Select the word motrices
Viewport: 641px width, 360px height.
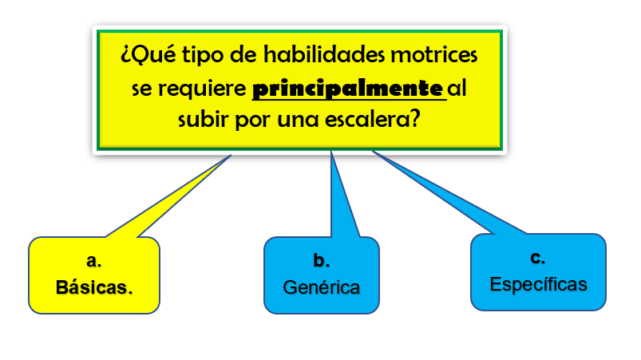(x=433, y=54)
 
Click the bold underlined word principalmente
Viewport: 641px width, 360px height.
(x=348, y=89)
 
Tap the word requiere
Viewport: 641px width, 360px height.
(x=202, y=89)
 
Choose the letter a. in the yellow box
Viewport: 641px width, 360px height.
(x=94, y=260)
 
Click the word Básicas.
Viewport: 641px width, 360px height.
(x=94, y=287)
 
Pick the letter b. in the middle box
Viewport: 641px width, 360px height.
(x=322, y=260)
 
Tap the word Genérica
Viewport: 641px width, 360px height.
(x=322, y=287)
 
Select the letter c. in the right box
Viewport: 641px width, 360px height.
(x=537, y=258)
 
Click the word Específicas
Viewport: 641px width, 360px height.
(x=538, y=284)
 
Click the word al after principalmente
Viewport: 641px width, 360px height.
(x=457, y=89)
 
